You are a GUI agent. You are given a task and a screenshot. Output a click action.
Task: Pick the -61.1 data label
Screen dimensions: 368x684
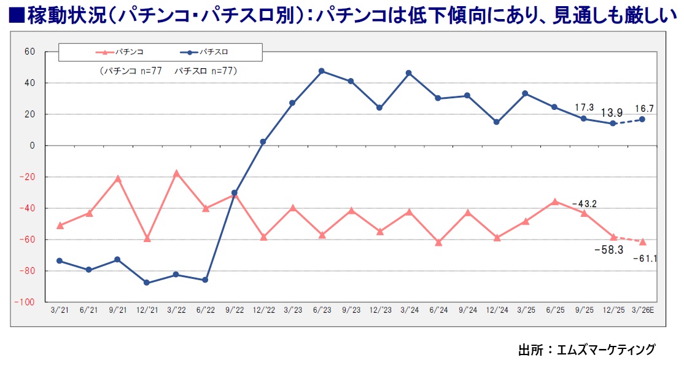pyautogui.click(x=645, y=259)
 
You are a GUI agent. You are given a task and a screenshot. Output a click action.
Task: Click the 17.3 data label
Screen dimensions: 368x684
pyautogui.click(x=584, y=108)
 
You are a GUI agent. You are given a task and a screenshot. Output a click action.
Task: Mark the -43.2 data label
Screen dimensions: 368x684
pyautogui.click(x=584, y=203)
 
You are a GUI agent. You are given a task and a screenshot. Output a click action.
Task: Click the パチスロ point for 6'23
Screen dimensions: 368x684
pyautogui.click(x=321, y=71)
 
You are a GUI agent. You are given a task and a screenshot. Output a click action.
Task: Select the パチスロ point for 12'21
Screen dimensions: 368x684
pyautogui.click(x=147, y=283)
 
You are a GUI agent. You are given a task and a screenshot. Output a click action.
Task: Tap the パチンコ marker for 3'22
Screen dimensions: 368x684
pyautogui.click(x=176, y=173)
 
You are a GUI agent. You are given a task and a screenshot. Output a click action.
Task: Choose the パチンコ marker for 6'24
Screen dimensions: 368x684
pyautogui.click(x=438, y=243)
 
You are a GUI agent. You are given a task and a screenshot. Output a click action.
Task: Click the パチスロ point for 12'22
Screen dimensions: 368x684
pyautogui.click(x=263, y=142)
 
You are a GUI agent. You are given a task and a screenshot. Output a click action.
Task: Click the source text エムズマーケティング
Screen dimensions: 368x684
pyautogui.click(x=606, y=350)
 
